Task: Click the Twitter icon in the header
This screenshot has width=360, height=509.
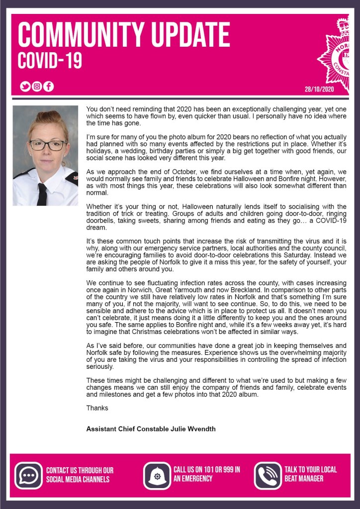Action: pyautogui.click(x=25, y=86)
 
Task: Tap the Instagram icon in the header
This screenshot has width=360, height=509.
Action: pyautogui.click(x=37, y=86)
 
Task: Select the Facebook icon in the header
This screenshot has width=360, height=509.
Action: pyautogui.click(x=48, y=86)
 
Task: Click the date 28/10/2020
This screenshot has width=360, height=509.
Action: pyautogui.click(x=319, y=89)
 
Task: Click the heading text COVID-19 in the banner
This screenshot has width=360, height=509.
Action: pyautogui.click(x=50, y=60)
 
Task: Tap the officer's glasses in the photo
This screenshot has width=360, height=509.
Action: pyautogui.click(x=48, y=145)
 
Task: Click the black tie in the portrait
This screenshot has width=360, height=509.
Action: pyautogui.click(x=42, y=194)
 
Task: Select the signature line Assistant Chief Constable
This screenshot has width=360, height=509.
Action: pyautogui.click(x=151, y=428)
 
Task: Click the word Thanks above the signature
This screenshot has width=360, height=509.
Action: pyautogui.click(x=97, y=408)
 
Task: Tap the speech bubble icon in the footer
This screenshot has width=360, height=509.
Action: pyautogui.click(x=28, y=476)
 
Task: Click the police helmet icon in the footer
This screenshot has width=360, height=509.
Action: pyautogui.click(x=157, y=476)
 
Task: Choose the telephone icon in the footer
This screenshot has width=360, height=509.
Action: pyautogui.click(x=268, y=476)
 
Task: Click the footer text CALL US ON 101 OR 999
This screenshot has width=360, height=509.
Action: pyautogui.click(x=207, y=474)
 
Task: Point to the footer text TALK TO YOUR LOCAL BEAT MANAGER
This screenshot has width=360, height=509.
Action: pyautogui.click(x=310, y=474)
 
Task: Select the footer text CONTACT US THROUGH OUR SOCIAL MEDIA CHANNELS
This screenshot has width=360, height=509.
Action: pyautogui.click(x=80, y=474)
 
